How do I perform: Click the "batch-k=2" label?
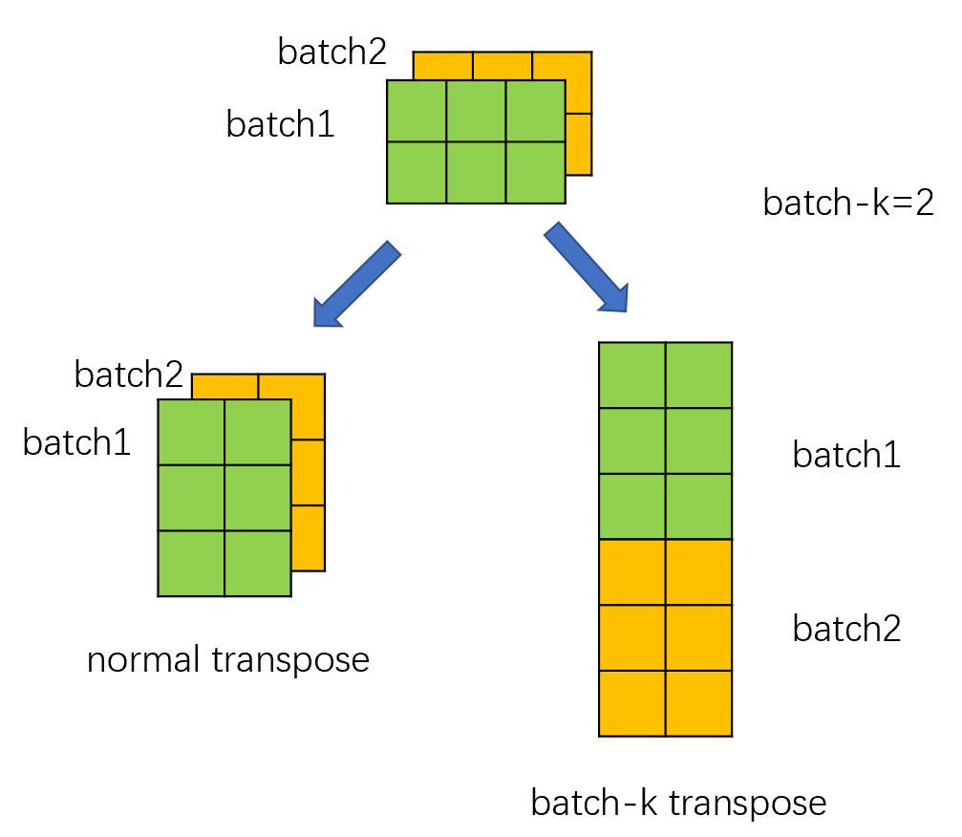(847, 204)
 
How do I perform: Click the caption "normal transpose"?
(227, 659)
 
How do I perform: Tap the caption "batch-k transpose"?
(678, 803)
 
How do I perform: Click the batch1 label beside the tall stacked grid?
(846, 456)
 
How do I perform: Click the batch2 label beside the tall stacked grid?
(846, 629)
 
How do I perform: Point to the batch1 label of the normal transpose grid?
(76, 443)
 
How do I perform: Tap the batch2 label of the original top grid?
(331, 52)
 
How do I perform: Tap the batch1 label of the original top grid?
(280, 124)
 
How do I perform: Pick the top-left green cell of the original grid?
(417, 111)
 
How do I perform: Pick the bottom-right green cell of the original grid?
(535, 172)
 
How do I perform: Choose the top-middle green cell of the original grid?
(476, 111)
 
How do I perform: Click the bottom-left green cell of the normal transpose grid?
(191, 563)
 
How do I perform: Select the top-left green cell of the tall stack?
(631, 375)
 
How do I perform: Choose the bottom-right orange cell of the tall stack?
(698, 703)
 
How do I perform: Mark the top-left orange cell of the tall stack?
(631, 571)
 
